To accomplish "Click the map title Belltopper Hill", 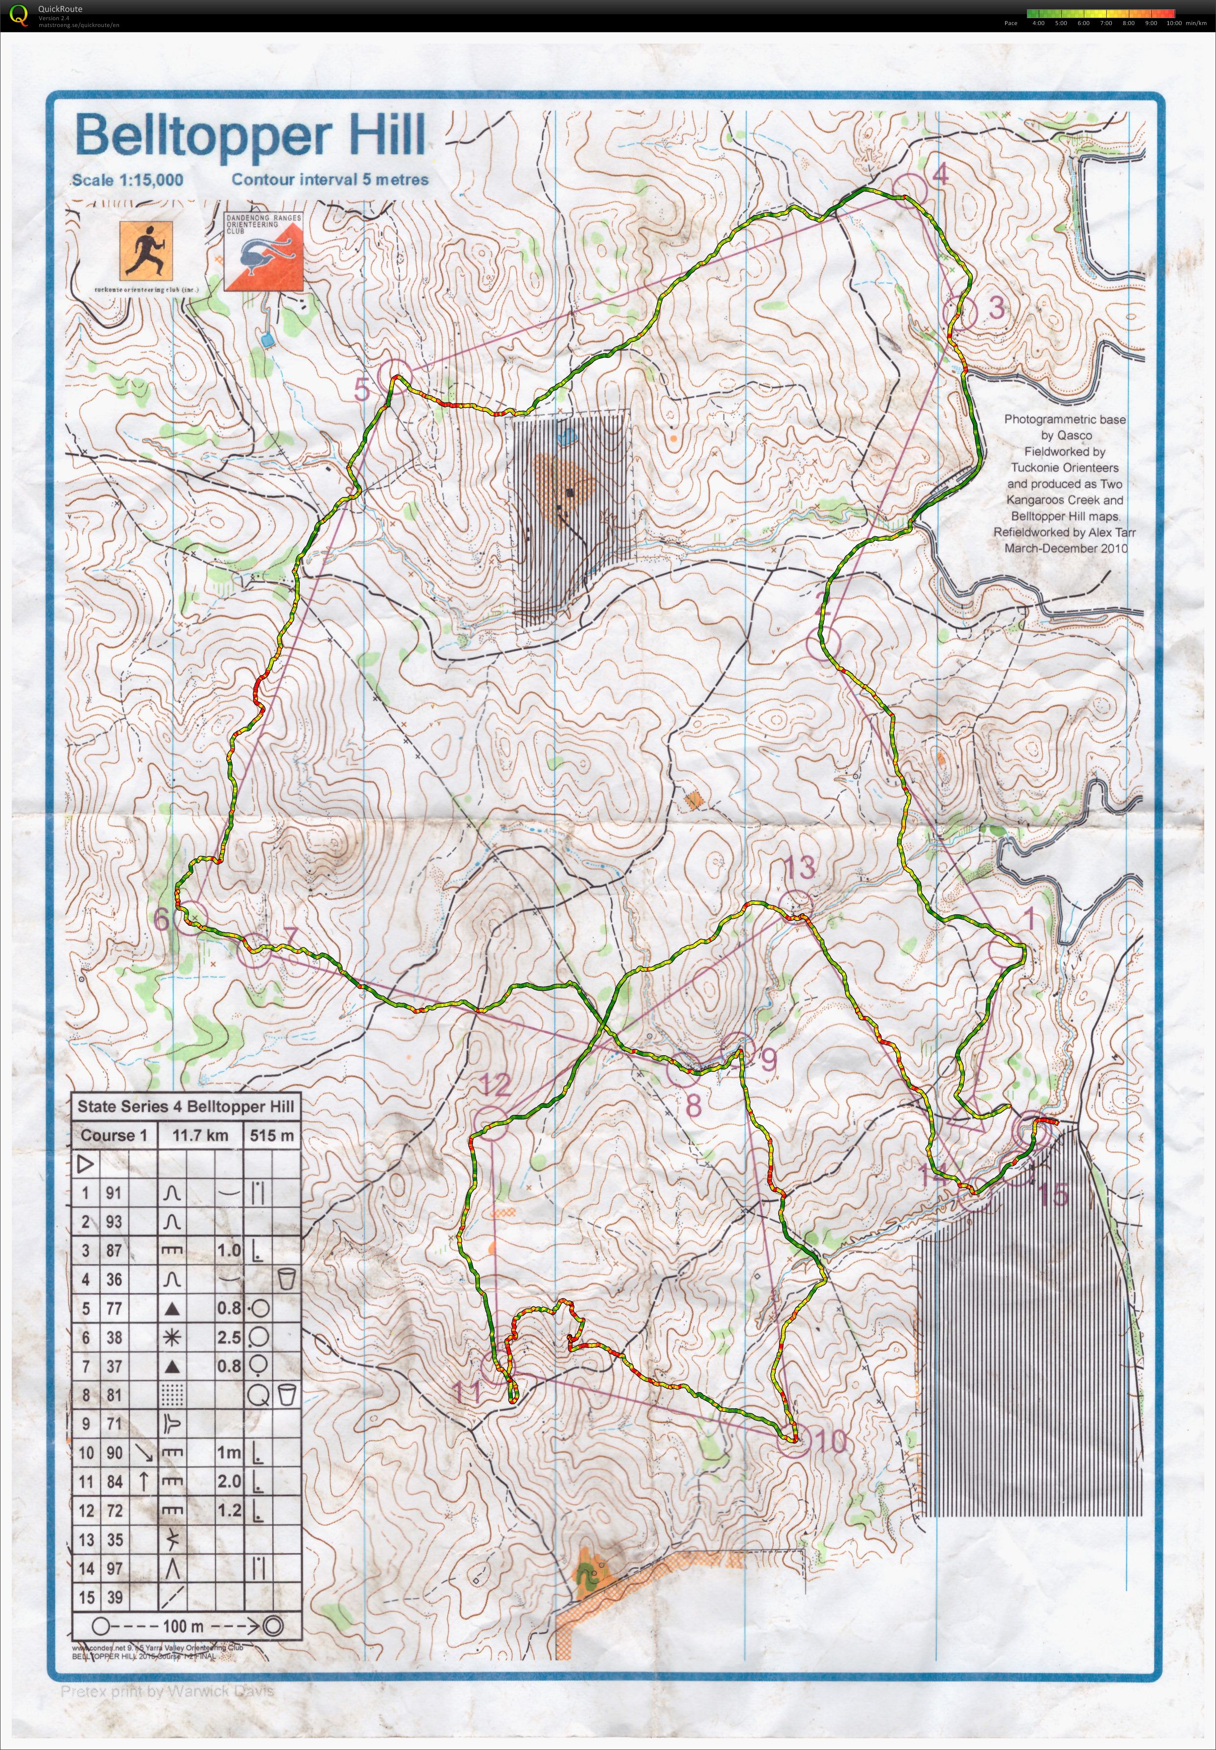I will click(250, 136).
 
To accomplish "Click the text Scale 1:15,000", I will click(127, 181).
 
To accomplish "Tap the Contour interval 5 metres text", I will click(330, 180).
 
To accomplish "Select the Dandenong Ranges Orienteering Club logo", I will click(263, 251).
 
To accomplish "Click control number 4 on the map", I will click(940, 174).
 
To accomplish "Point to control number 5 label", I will click(362, 389).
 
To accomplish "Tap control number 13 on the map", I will click(800, 866).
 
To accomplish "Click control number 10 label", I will click(830, 1440).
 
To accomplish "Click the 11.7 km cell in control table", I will click(200, 1135).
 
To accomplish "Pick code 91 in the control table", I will click(114, 1193).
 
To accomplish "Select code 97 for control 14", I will click(114, 1568).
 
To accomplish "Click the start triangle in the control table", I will click(85, 1163).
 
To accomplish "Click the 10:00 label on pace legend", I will click(1174, 23).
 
